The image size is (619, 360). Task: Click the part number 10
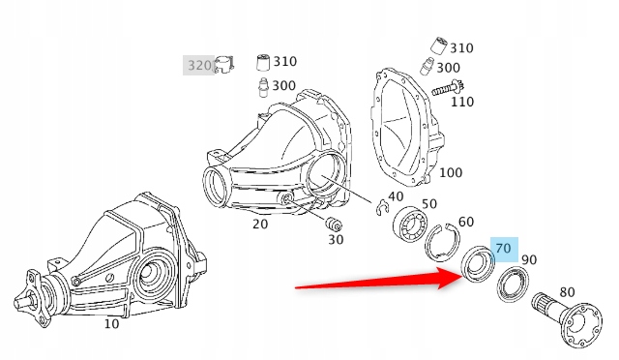[x=111, y=323]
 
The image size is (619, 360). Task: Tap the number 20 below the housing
[x=259, y=225]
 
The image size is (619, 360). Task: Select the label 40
[x=395, y=196]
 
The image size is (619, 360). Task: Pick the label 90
[x=529, y=260]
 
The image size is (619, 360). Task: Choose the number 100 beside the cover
[x=450, y=173]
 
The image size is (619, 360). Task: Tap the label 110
[x=462, y=101]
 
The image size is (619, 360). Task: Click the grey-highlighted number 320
[x=199, y=65]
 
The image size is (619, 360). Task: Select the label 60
[x=466, y=223]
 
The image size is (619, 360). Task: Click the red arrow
[x=377, y=283]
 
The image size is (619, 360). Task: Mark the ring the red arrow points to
[x=477, y=264]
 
